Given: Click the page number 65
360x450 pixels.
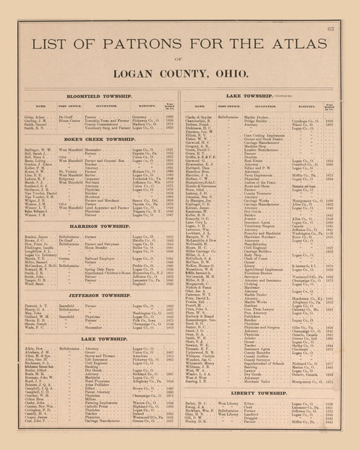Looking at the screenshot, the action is click(x=331, y=28).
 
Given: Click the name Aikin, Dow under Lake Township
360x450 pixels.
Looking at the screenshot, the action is click(x=34, y=349).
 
